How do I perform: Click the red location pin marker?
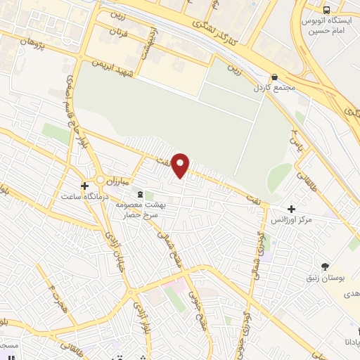(181, 165)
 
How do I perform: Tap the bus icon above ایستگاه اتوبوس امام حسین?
(326, 9)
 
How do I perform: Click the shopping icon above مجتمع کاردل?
(274, 78)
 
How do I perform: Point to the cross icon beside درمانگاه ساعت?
(84, 186)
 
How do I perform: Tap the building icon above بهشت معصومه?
(140, 193)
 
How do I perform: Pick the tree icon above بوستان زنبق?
(325, 266)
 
